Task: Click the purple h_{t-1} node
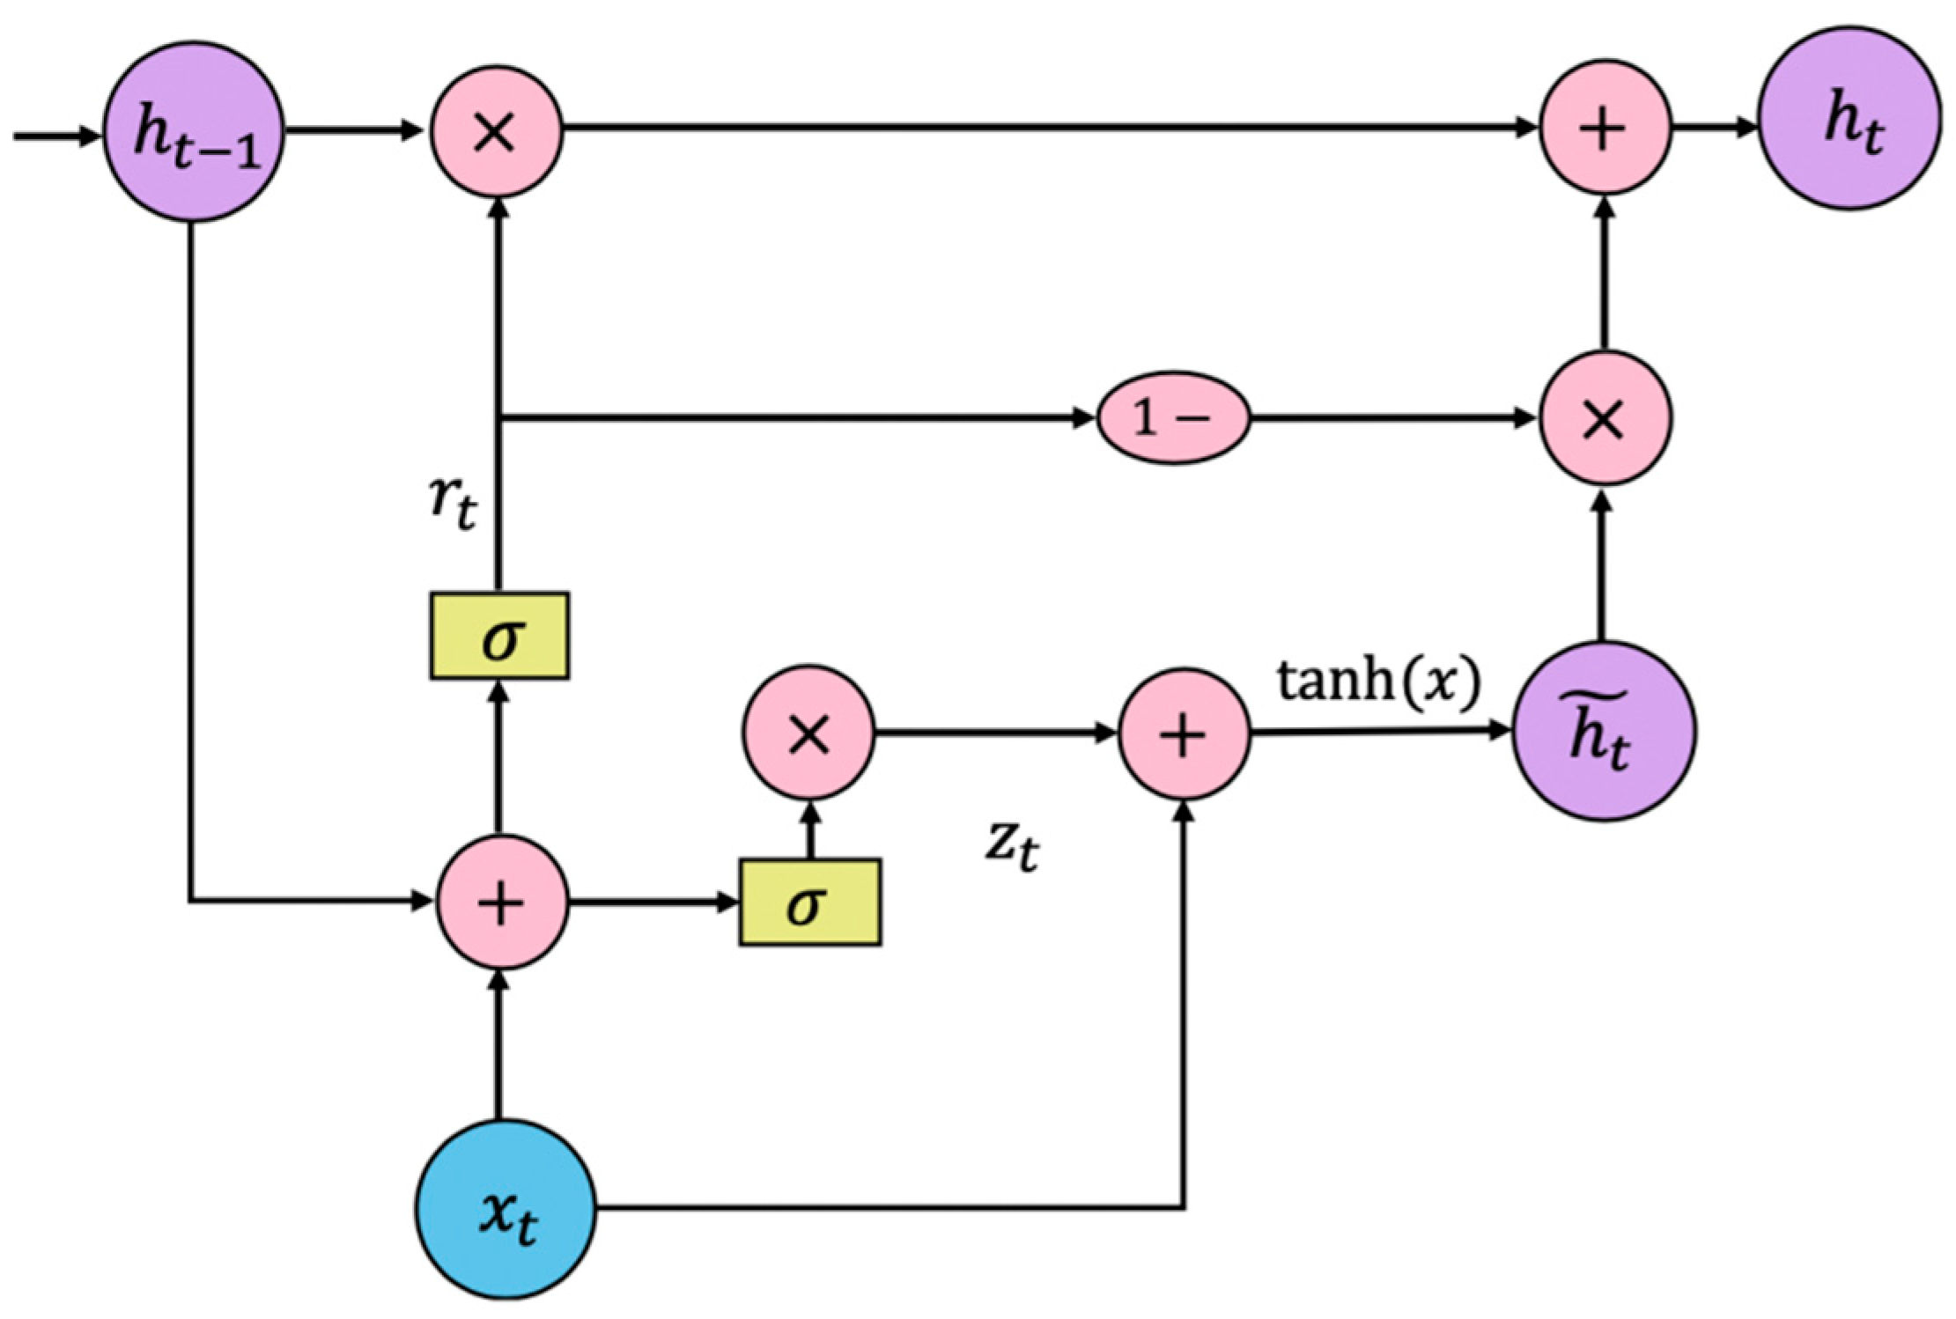pyautogui.click(x=195, y=132)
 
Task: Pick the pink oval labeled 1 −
pyautogui.click(x=1173, y=417)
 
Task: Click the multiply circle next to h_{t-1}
pyautogui.click(x=496, y=132)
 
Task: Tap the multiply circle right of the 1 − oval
pyautogui.click(x=1605, y=417)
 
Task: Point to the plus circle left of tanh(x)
pyautogui.click(x=1184, y=733)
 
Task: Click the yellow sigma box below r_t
pyautogui.click(x=499, y=636)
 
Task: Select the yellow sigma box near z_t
pyautogui.click(x=809, y=902)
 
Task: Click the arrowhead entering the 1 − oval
pyautogui.click(x=1083, y=418)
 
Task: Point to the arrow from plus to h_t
pyautogui.click(x=1714, y=129)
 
